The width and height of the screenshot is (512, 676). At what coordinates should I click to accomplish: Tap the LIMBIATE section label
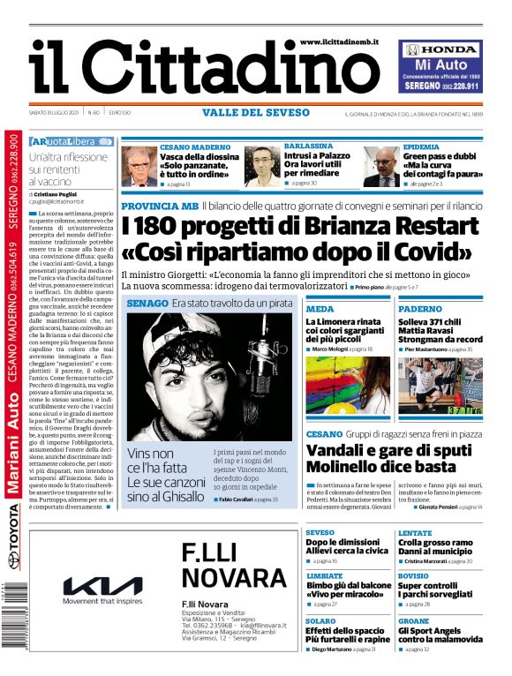[x=324, y=575]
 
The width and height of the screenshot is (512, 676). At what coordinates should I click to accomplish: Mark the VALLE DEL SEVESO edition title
[x=255, y=113]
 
